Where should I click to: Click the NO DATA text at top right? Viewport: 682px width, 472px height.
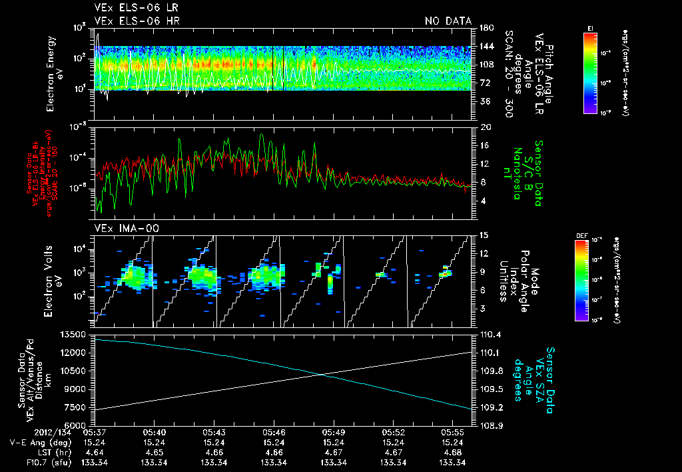click(448, 21)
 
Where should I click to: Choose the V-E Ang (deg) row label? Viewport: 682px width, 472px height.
click(41, 442)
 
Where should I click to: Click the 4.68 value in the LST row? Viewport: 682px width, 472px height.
click(454, 452)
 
